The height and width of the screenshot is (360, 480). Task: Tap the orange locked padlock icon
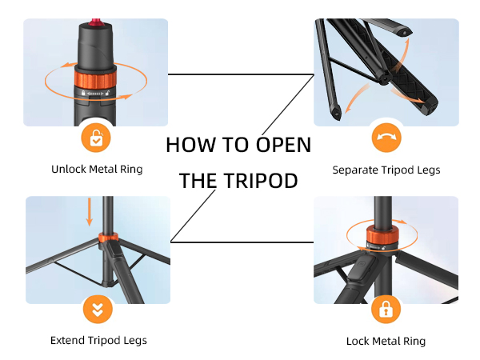tap(386, 310)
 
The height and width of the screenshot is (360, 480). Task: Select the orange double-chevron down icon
tap(96, 310)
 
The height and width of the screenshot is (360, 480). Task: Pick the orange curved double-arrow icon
tap(386, 138)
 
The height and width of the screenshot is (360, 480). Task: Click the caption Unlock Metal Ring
tap(97, 170)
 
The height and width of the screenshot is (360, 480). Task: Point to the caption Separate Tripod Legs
tap(386, 170)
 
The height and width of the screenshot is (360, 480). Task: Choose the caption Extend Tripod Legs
tap(98, 341)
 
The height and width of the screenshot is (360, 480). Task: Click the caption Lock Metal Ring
tap(386, 341)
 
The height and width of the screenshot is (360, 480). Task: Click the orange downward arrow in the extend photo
tap(90, 211)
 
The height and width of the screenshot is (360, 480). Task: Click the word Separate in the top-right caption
tap(355, 170)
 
